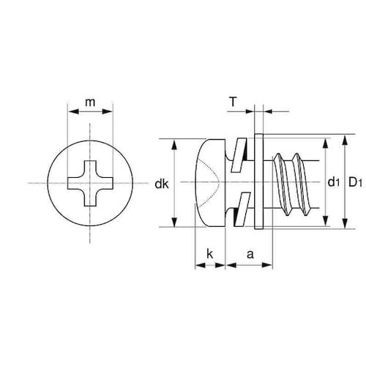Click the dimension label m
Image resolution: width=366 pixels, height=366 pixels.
[x=90, y=102]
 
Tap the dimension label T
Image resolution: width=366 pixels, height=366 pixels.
[x=234, y=102]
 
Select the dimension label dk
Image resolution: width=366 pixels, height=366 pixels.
[x=162, y=184]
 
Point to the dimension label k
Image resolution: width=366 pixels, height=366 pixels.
[x=209, y=254]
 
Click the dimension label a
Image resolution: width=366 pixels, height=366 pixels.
[x=250, y=255]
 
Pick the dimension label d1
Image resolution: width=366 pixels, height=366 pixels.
[x=334, y=182]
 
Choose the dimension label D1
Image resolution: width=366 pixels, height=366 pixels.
[x=355, y=182]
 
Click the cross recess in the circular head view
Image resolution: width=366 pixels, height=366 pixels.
[x=90, y=183]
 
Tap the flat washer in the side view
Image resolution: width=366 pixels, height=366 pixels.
[x=258, y=182]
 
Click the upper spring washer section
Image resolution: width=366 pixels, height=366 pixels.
[x=239, y=155]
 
